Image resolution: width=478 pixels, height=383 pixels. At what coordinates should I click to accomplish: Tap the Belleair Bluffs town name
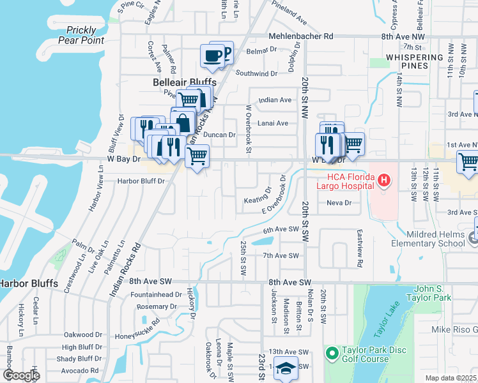pos(185,82)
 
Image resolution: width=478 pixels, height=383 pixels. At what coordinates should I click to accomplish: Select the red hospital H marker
pos(383,181)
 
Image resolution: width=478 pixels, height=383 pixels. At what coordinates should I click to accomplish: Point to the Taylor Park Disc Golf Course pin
pos(332,353)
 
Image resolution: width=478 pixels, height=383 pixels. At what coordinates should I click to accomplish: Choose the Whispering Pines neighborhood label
pos(415,62)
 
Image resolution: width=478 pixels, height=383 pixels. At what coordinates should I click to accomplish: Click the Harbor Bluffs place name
pos(28,283)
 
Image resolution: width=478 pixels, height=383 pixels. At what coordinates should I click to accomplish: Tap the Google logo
pos(20,375)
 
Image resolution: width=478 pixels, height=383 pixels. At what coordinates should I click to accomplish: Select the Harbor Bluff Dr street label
pos(141,181)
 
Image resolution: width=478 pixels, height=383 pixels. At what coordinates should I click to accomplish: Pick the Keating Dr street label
pos(259,200)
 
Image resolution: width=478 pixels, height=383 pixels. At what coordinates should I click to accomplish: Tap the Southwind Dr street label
pos(256,73)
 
